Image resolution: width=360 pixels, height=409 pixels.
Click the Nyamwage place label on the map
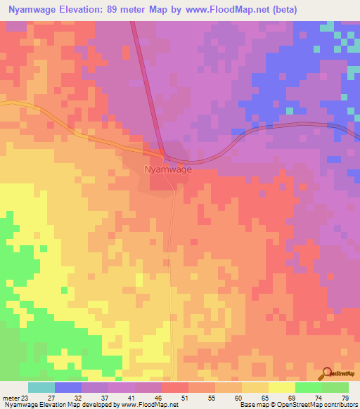click(167, 169)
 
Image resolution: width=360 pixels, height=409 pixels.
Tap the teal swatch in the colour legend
click(41, 387)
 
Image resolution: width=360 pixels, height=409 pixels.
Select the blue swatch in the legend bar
click(67, 387)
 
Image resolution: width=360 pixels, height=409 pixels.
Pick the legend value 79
click(344, 398)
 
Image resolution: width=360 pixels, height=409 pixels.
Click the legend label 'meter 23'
click(15, 398)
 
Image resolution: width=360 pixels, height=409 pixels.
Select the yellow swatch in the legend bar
click(282, 387)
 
